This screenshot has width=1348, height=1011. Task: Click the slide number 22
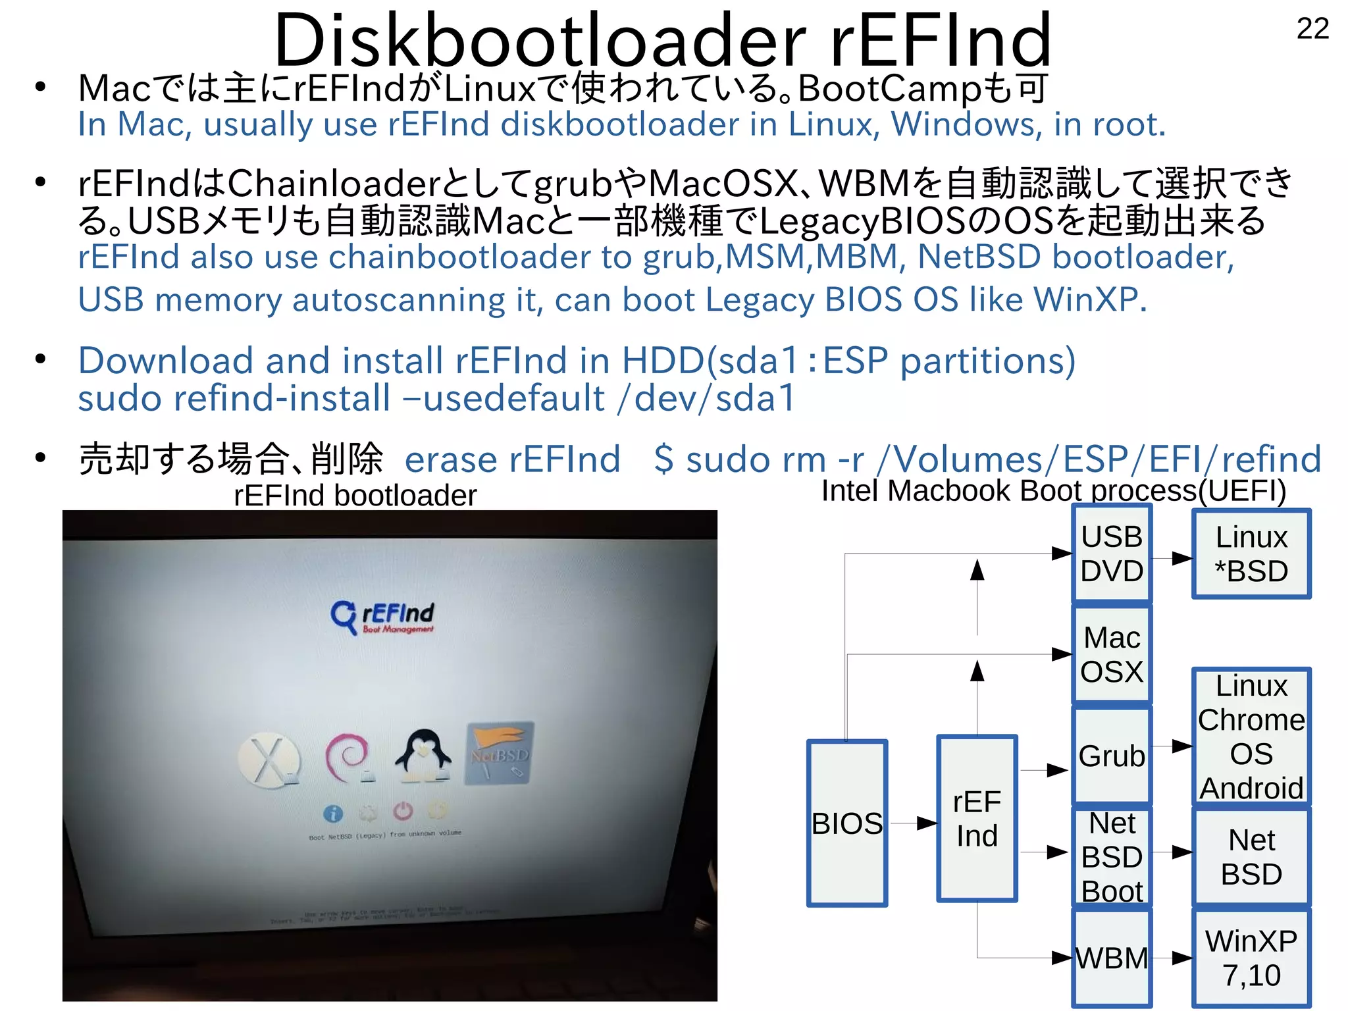tap(1312, 29)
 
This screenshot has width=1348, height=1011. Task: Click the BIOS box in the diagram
tap(846, 823)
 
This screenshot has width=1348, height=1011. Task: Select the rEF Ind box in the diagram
tap(977, 818)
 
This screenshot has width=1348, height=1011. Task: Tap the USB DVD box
tap(1111, 554)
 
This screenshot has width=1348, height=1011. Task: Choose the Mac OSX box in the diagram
tap(1111, 655)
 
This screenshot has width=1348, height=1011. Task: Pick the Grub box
tap(1111, 756)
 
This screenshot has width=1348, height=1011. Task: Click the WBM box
tap(1111, 958)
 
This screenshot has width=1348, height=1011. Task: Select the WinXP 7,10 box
tap(1251, 958)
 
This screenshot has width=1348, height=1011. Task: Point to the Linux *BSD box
tap(1251, 554)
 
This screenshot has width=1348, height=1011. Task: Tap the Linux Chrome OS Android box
tap(1251, 737)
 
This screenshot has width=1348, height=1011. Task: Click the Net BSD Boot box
tap(1111, 857)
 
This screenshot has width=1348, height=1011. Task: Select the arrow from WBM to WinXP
tap(1173, 958)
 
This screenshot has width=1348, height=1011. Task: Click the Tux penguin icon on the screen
tap(423, 756)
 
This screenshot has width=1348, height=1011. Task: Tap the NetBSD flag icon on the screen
tap(499, 754)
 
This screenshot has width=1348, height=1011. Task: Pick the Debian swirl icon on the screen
tap(347, 757)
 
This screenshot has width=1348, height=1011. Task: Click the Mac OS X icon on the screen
tap(269, 760)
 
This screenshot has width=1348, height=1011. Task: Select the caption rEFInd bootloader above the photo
tap(355, 496)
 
